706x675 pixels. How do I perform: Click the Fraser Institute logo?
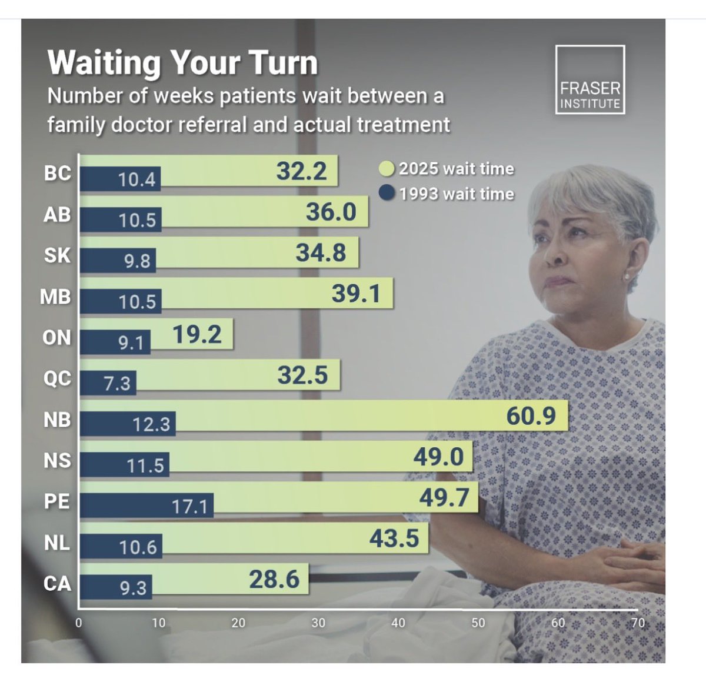[x=590, y=79]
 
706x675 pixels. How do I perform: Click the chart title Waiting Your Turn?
[x=182, y=63]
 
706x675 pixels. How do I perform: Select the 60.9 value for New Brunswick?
[x=531, y=416]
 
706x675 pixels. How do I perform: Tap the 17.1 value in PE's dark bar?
[x=189, y=506]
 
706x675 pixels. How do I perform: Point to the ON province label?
[x=56, y=338]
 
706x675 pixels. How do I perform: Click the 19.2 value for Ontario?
[x=197, y=334]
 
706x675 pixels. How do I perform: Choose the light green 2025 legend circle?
[x=387, y=169]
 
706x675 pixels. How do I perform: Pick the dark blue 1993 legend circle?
[x=387, y=194]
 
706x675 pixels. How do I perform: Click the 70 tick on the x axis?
[x=638, y=623]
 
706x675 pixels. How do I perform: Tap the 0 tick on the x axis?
[x=79, y=623]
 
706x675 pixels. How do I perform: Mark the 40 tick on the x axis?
[x=398, y=623]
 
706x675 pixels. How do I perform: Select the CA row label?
[x=57, y=584]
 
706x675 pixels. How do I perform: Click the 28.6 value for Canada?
[x=274, y=580]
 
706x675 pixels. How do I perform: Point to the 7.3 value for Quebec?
[x=117, y=384]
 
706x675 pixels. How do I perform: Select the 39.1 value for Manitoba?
[x=356, y=293]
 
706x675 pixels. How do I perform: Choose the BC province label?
[x=57, y=174]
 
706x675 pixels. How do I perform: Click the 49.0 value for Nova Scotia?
[x=438, y=457]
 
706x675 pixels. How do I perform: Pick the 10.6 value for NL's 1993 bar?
[x=138, y=547]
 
